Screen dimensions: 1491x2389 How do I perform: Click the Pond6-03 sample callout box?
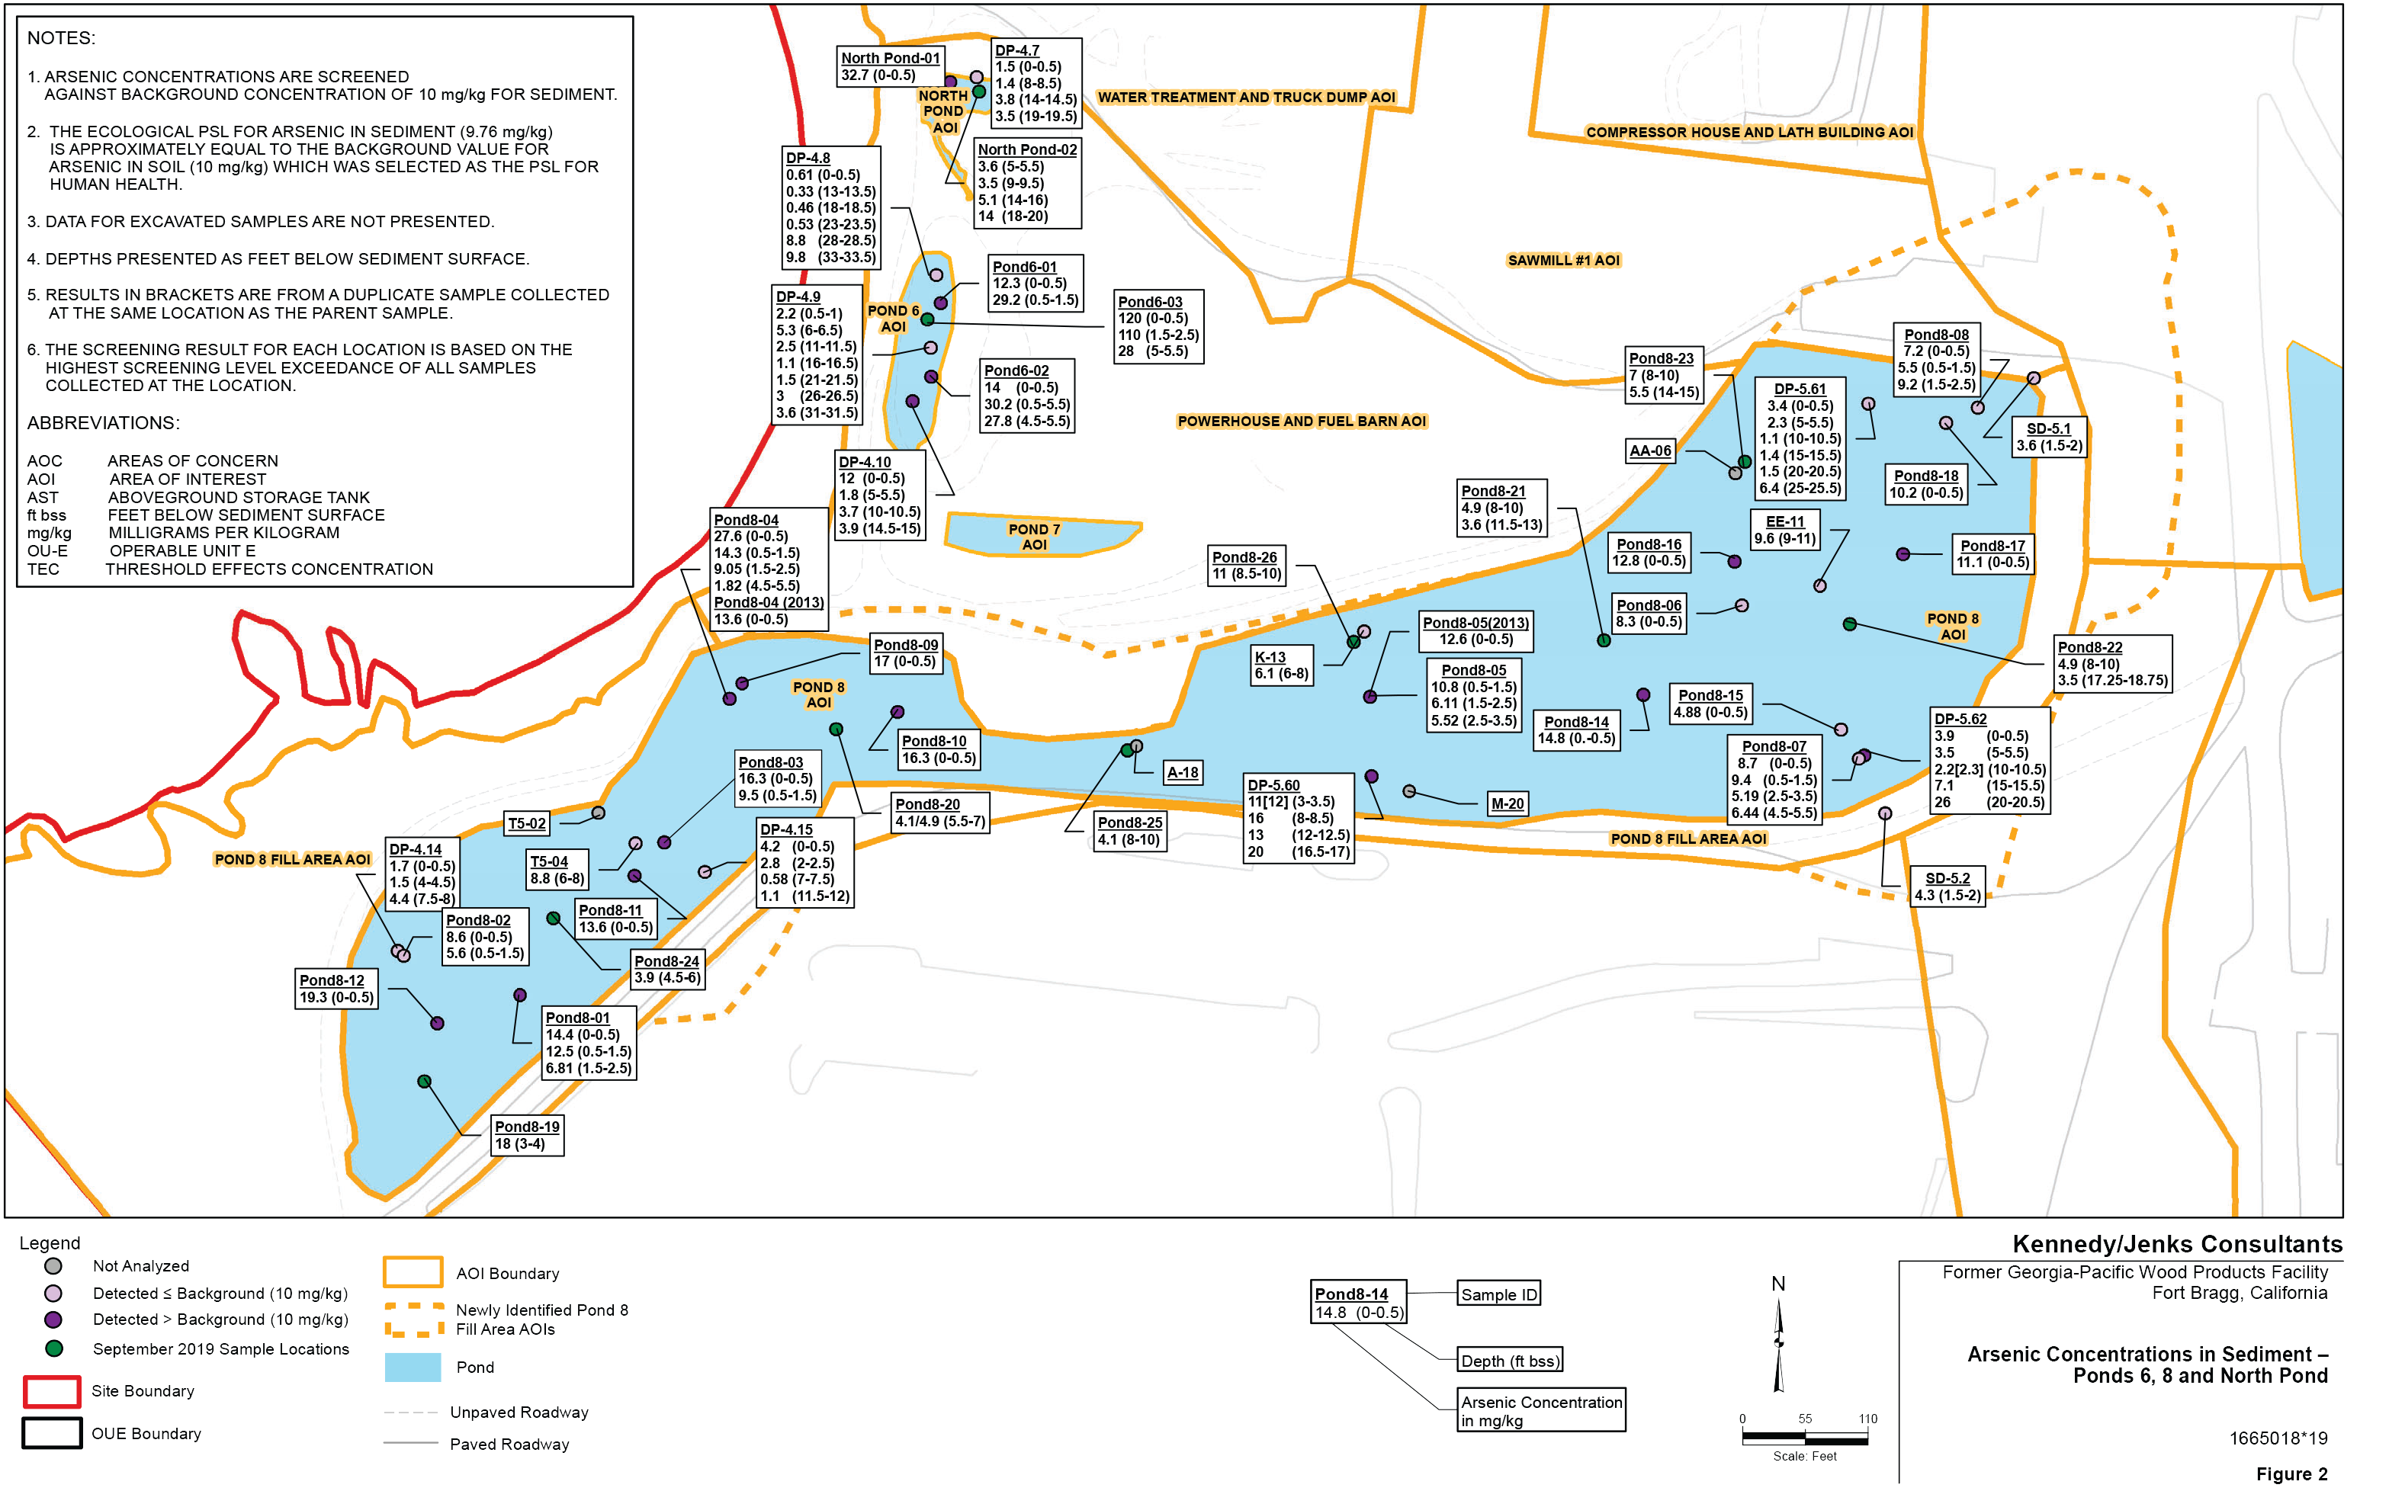coord(1158,326)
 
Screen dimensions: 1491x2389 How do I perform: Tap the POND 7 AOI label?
coord(1034,537)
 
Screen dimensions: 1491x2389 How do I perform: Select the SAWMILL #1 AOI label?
coord(1563,261)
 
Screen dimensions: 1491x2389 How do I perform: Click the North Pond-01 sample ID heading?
coord(890,58)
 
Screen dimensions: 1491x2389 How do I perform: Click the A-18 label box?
coord(1183,772)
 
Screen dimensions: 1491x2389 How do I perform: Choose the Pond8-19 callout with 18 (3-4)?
coord(527,1135)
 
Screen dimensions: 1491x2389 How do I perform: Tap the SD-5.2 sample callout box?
coord(1947,887)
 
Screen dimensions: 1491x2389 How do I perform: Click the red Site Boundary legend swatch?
coord(51,1391)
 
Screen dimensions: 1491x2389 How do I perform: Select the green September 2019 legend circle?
coord(54,1348)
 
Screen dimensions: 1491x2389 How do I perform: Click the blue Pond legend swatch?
coord(413,1367)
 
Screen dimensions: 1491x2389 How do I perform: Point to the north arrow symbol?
coord(1778,1341)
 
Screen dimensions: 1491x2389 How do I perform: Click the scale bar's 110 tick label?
coord(1867,1419)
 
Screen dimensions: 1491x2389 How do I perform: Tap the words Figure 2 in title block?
coord(2291,1473)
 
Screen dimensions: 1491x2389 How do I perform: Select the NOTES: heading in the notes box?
coord(61,38)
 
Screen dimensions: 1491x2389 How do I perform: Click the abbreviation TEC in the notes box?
coord(43,569)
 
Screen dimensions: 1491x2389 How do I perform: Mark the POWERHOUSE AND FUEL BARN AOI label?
coord(1301,421)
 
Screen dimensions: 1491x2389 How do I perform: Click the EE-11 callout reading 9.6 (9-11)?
coord(1784,531)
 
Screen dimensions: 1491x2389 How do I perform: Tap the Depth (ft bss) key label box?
coord(1509,1361)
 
